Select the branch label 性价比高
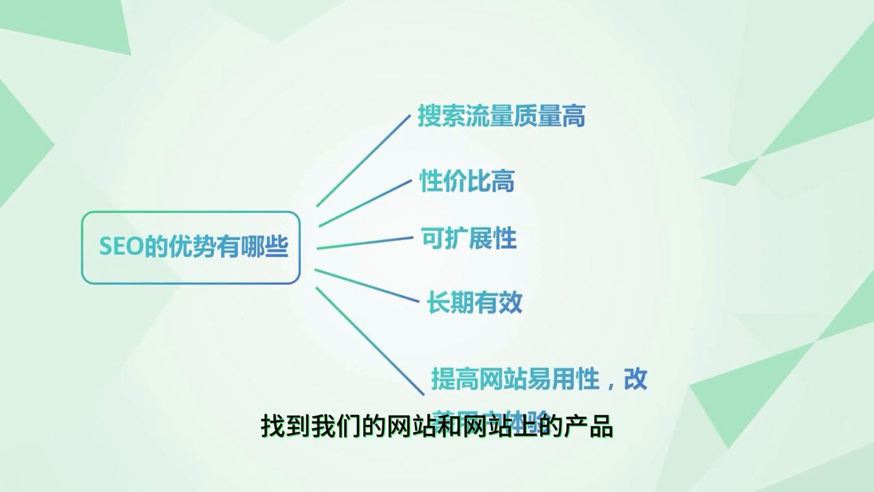pos(466,181)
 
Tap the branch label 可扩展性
pos(468,239)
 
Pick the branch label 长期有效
pos(475,302)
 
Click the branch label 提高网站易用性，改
pos(539,379)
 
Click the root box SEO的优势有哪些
pos(191,247)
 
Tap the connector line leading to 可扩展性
pos(365,243)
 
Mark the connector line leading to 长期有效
pos(367,285)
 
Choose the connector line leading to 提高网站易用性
pos(369,340)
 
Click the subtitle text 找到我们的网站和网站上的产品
pos(437,427)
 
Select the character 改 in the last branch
pos(636,379)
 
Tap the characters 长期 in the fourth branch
pos(451,302)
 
